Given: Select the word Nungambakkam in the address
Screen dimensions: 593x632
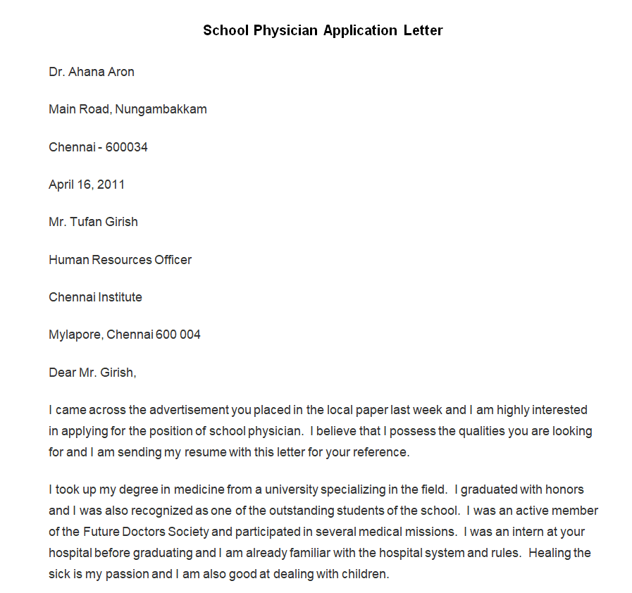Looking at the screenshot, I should (161, 109).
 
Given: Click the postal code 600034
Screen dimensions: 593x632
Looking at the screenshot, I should (127, 147).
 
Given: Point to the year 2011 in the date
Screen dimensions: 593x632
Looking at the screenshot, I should (111, 185).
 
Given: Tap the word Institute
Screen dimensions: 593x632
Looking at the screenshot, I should (118, 297).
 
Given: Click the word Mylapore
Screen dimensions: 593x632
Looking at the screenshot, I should (75, 335).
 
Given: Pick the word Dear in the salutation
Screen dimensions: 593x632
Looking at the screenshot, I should (62, 373).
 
